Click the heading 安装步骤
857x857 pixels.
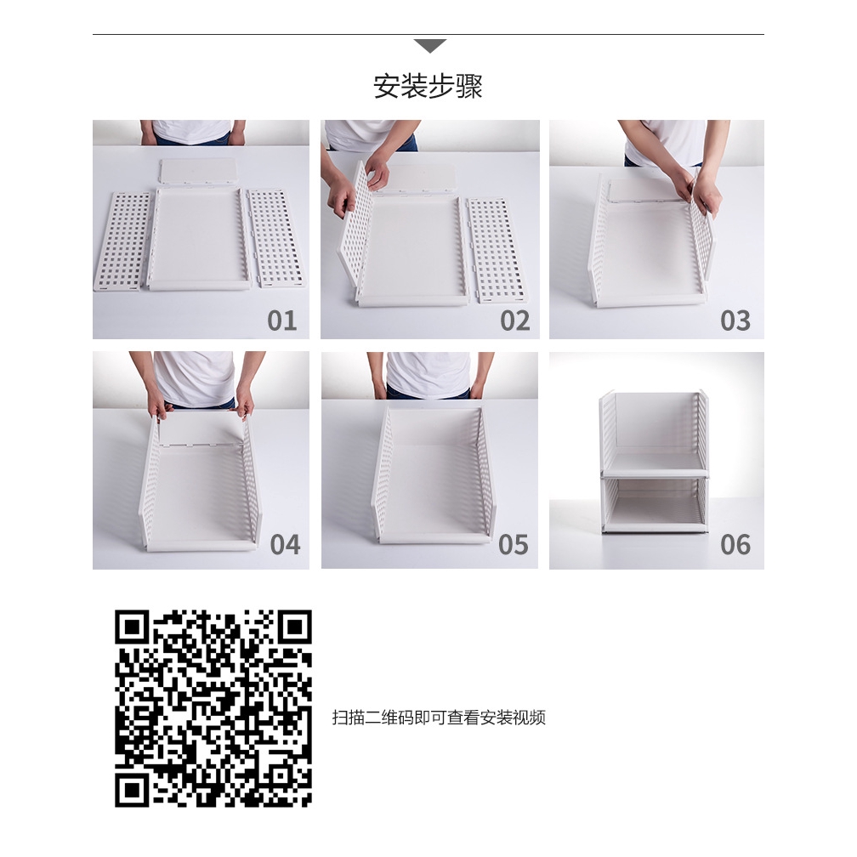click(428, 87)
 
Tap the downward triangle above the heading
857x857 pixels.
click(428, 46)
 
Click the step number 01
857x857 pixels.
click(282, 321)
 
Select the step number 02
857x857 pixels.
click(514, 321)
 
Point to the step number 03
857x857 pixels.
click(735, 321)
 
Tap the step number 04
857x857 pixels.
click(285, 544)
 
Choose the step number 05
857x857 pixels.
click(513, 544)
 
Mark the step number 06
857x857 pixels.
click(735, 544)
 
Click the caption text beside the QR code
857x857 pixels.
click(438, 718)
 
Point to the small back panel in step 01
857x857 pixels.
click(197, 172)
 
